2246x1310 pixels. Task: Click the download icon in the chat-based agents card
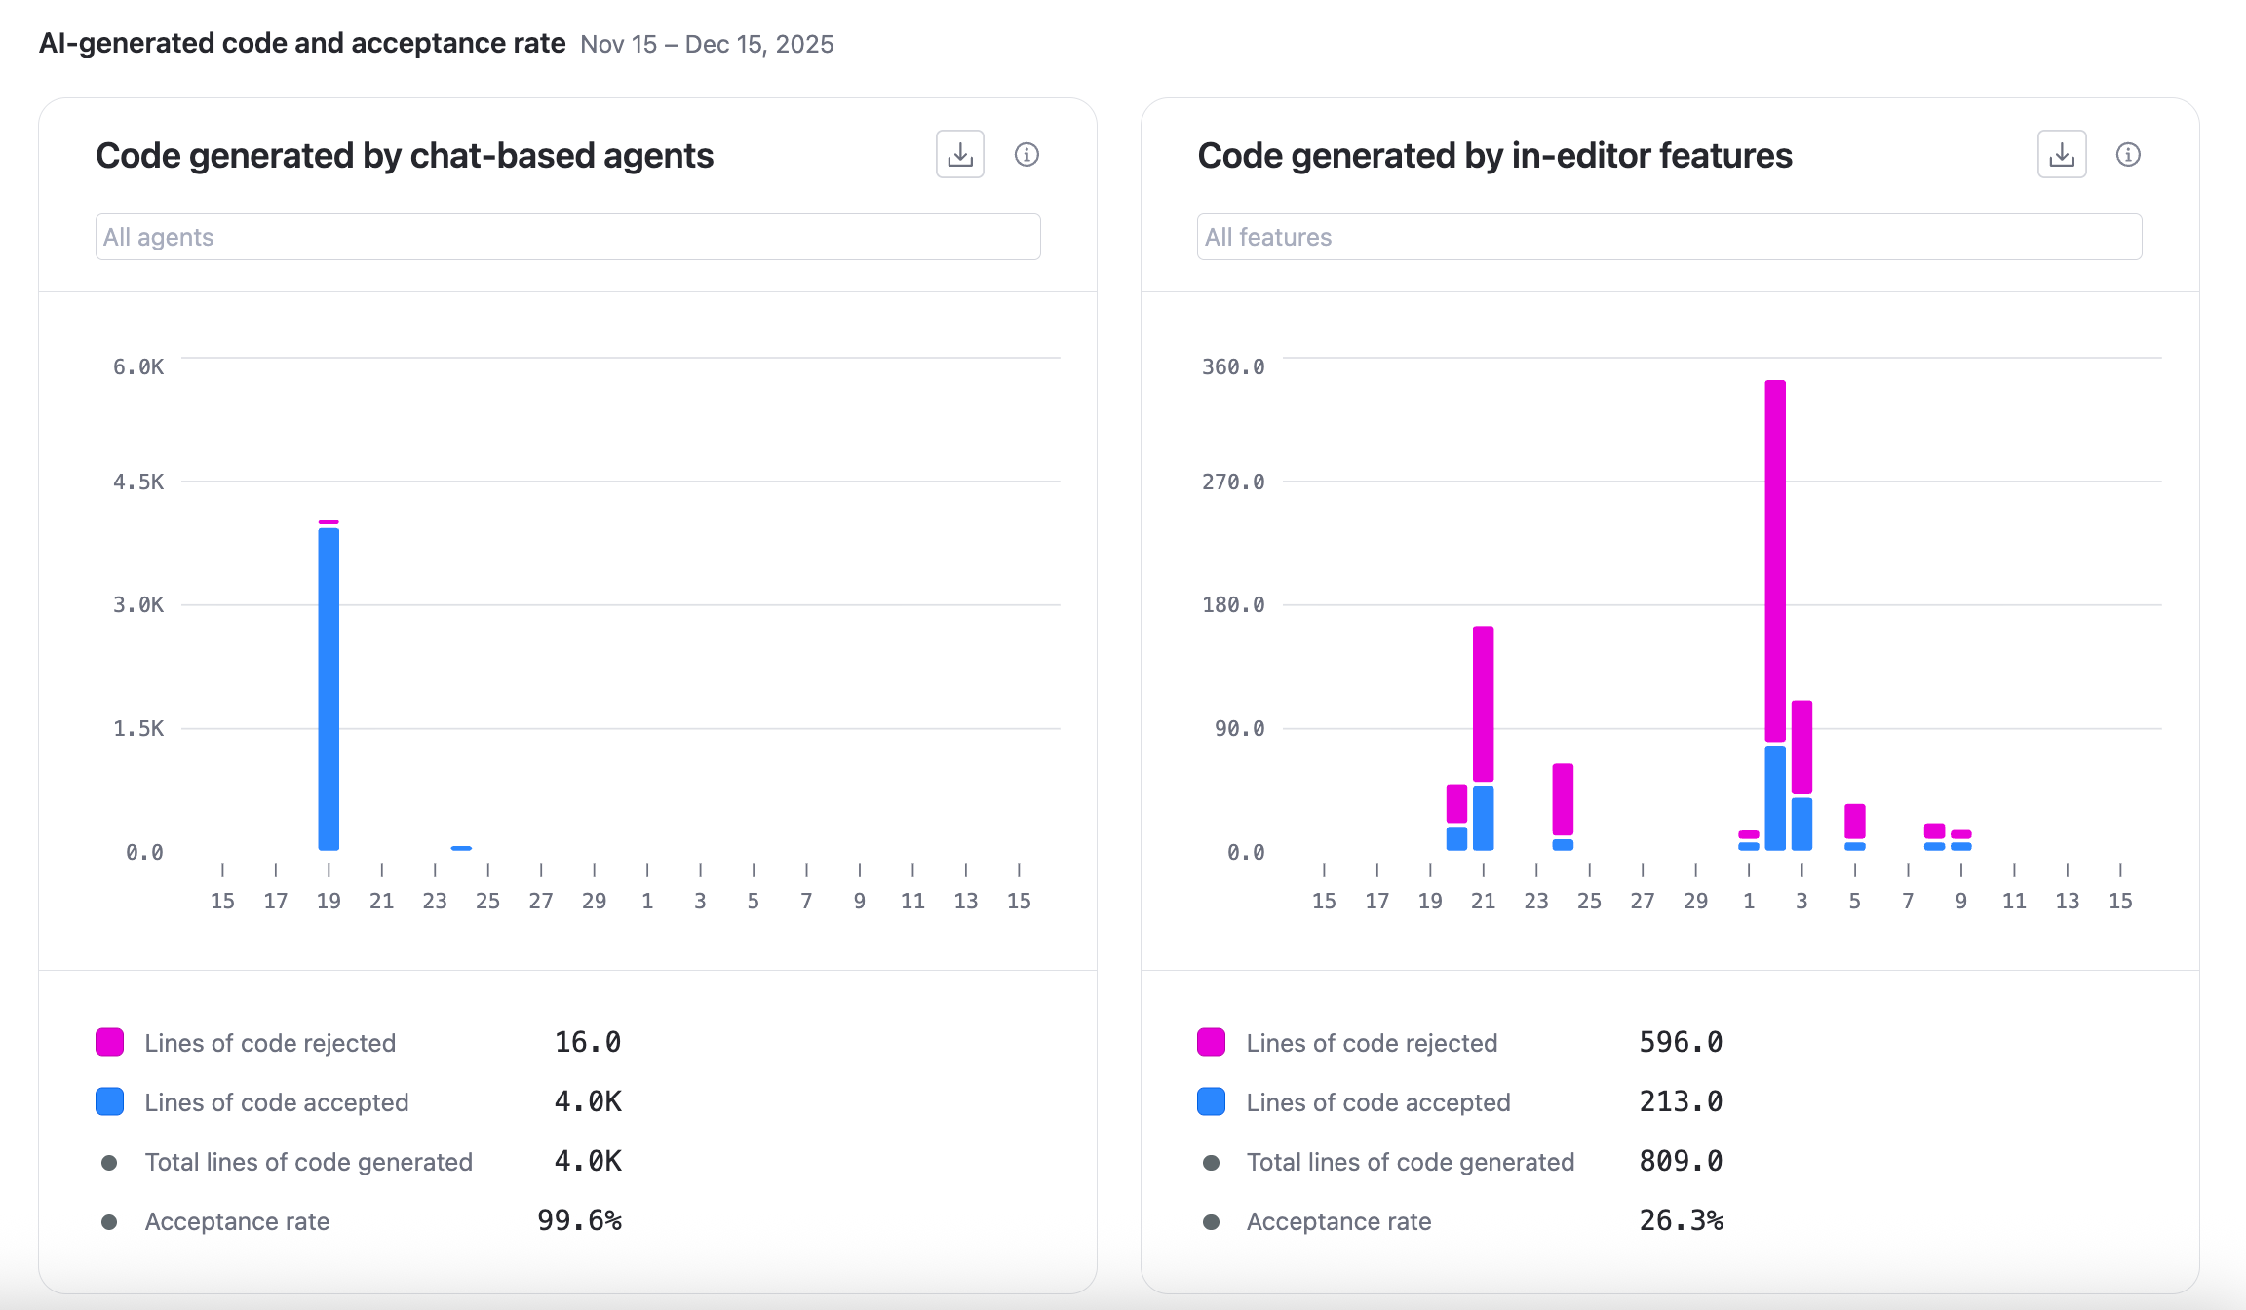point(960,154)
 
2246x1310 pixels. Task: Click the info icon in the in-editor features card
point(2128,154)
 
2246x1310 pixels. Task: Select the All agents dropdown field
point(567,237)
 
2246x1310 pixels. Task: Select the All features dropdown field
point(1669,237)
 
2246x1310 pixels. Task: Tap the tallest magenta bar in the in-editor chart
point(1775,560)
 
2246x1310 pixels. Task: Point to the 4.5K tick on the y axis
point(138,482)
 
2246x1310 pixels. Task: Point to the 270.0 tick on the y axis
point(1233,482)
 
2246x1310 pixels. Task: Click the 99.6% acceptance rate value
point(579,1220)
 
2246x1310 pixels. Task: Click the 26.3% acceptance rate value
point(1681,1220)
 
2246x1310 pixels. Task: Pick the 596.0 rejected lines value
point(1681,1042)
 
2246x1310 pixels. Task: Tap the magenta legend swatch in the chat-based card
point(110,1042)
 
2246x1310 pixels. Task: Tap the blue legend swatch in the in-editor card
point(1211,1101)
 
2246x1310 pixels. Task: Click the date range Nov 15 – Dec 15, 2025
point(707,45)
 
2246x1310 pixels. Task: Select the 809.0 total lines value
point(1681,1161)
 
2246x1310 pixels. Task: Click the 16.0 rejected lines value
point(587,1042)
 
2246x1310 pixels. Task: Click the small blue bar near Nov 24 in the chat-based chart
point(461,848)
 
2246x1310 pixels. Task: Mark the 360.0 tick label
point(1233,367)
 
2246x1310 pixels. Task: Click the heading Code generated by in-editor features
point(1494,156)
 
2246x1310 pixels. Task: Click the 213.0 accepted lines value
point(1681,1101)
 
